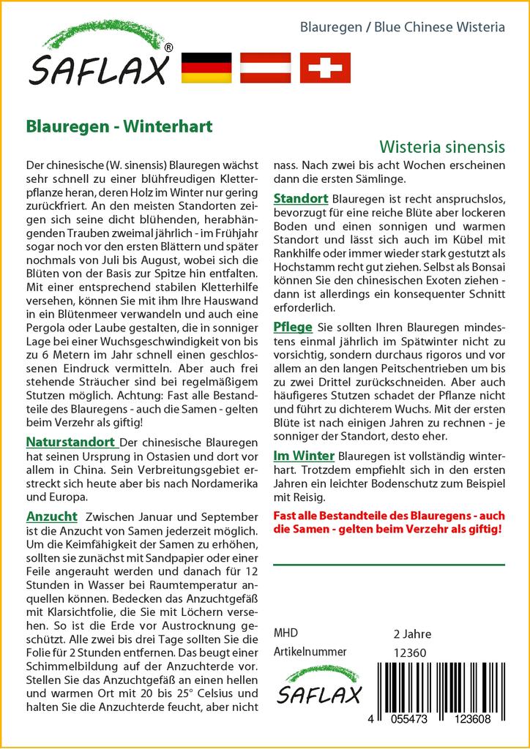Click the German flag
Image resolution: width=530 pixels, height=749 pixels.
click(x=206, y=67)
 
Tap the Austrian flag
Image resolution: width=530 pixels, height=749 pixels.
click(x=266, y=67)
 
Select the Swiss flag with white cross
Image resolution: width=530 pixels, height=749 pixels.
click(x=325, y=67)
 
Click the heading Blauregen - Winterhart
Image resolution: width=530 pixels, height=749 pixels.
click(x=119, y=126)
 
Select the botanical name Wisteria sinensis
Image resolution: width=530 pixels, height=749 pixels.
click(x=442, y=146)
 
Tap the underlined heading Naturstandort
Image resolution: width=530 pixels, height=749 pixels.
click(x=71, y=442)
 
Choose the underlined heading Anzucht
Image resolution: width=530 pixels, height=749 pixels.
click(x=51, y=516)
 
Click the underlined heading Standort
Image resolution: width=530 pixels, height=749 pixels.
click(x=300, y=199)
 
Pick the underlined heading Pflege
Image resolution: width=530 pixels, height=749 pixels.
click(x=293, y=326)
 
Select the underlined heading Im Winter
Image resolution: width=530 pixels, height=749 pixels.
click(x=304, y=455)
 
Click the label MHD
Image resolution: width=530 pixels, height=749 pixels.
click(x=285, y=633)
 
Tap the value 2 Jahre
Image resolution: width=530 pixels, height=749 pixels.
click(x=412, y=633)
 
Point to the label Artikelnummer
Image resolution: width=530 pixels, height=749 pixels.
click(x=310, y=652)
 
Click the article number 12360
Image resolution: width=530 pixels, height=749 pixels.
click(x=410, y=652)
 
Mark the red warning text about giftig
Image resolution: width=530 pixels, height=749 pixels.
click(x=388, y=522)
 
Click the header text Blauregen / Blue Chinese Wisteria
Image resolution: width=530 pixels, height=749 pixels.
click(x=403, y=28)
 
